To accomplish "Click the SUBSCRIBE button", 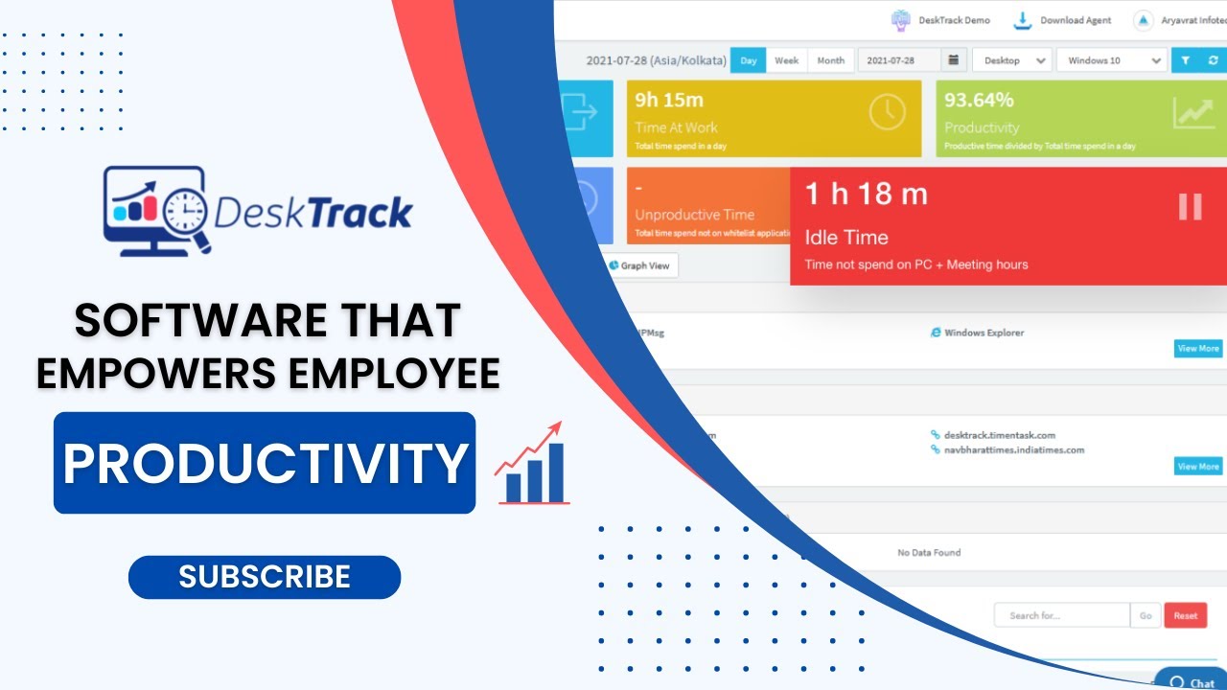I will coord(264,577).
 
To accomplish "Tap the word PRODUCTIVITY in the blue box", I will coord(265,463).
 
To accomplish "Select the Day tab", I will coord(748,60).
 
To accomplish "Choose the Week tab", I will coord(786,60).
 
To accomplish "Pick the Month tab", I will coord(830,60).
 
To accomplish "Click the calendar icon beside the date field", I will coord(953,60).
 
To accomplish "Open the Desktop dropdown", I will coord(1011,60).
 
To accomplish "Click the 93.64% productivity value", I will coord(979,100).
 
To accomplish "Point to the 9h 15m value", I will coord(669,100).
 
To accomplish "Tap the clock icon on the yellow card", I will coord(887,113).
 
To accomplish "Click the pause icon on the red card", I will coord(1190,207).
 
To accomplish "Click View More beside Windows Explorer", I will coord(1198,349).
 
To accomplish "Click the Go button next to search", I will coord(1146,616).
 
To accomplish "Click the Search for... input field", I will coord(1061,616).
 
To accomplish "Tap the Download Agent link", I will coord(1066,20).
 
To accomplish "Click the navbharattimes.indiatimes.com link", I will coord(1013,450).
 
